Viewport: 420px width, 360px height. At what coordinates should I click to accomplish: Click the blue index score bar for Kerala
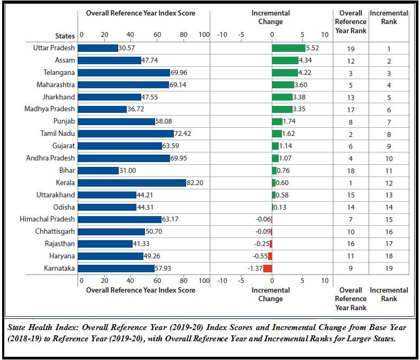[x=132, y=182]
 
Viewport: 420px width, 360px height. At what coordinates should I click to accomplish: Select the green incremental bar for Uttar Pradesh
[x=288, y=48]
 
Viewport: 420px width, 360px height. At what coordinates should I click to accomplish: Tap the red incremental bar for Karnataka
[x=268, y=268]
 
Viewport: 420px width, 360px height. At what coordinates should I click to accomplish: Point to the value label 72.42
[x=183, y=133]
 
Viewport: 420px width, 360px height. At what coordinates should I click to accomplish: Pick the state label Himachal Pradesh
[x=47, y=219]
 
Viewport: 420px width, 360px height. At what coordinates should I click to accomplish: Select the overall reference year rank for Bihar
[x=350, y=171]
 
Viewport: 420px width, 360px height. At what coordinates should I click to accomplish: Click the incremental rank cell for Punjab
[x=389, y=122]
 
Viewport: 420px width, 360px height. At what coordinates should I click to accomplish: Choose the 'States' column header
[x=65, y=36]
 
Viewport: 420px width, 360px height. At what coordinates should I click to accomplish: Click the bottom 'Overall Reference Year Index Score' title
[x=141, y=290]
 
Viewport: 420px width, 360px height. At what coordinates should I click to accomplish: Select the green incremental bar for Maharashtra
[x=282, y=85]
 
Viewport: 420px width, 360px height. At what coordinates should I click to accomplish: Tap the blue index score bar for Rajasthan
[x=105, y=243]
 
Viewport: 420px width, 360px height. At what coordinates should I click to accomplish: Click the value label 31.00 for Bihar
[x=128, y=171]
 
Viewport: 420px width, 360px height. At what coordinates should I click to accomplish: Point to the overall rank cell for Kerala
[x=350, y=182]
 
